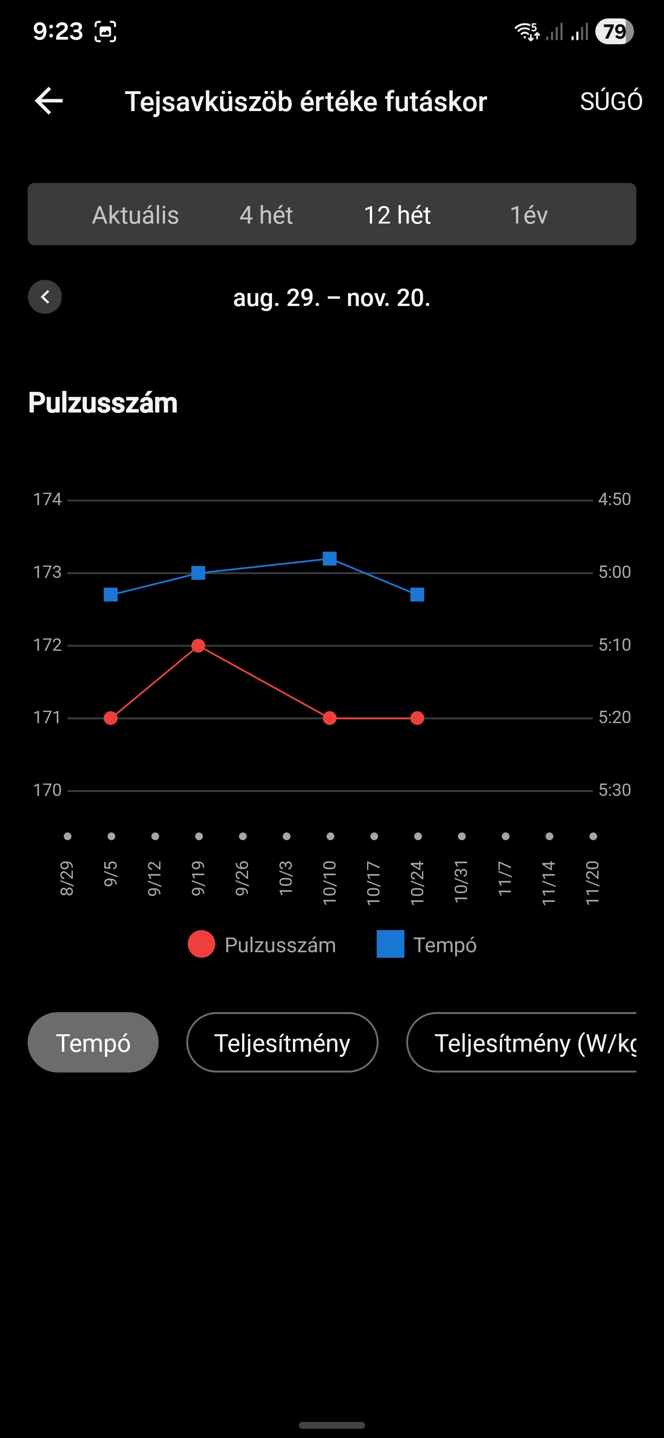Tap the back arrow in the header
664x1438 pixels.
click(x=48, y=101)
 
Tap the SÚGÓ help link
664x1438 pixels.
click(x=611, y=101)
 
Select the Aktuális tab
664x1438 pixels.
click(x=135, y=215)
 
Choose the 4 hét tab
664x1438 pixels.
click(x=266, y=215)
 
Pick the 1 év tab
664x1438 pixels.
click(x=528, y=215)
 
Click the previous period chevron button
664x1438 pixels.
click(x=45, y=297)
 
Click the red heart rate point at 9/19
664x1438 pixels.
click(x=198, y=646)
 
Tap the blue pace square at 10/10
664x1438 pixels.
click(x=330, y=558)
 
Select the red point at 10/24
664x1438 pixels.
click(x=417, y=718)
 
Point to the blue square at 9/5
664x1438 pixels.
click(x=111, y=595)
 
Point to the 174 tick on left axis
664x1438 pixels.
click(x=47, y=499)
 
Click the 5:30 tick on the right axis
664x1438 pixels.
click(x=614, y=790)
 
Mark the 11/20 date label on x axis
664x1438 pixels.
click(x=593, y=883)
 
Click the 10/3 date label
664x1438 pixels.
click(x=286, y=878)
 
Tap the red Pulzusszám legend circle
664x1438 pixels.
click(x=202, y=944)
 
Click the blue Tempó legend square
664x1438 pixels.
click(x=391, y=944)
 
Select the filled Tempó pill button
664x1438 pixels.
click(x=93, y=1042)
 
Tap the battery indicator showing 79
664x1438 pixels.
click(x=614, y=32)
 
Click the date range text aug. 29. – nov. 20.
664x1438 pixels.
click(x=332, y=298)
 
